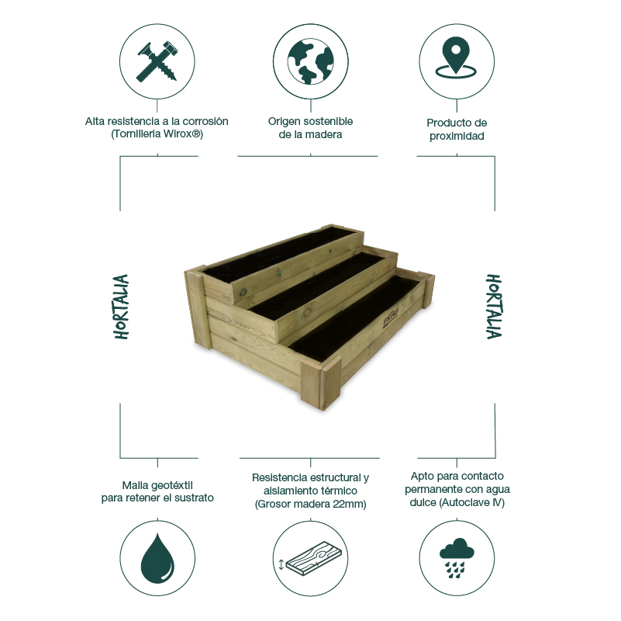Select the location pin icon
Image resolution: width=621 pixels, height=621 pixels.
pyautogui.click(x=456, y=61)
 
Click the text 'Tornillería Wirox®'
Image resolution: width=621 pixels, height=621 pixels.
pyautogui.click(x=157, y=134)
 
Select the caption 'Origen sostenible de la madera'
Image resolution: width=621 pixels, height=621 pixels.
pyautogui.click(x=310, y=128)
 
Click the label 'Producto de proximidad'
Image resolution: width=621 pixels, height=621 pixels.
pyautogui.click(x=456, y=129)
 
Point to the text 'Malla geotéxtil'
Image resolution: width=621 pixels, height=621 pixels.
pyautogui.click(x=157, y=484)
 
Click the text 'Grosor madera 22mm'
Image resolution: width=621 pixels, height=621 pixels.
pyautogui.click(x=310, y=505)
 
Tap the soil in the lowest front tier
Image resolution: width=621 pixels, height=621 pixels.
pyautogui.click(x=364, y=318)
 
